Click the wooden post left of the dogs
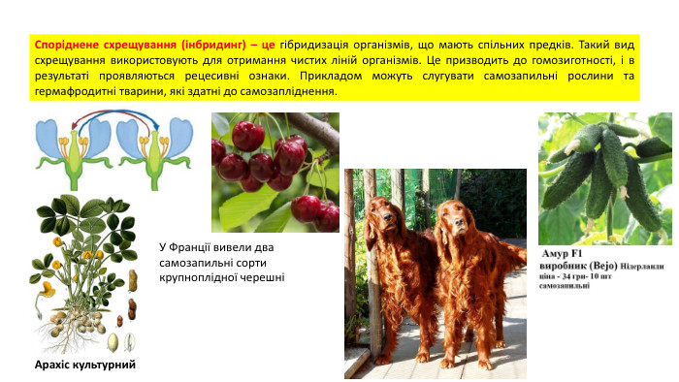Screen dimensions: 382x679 click(x=350, y=271)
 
